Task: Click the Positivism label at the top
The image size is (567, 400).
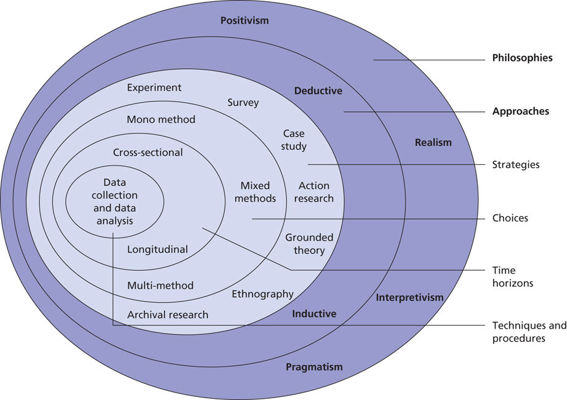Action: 244,21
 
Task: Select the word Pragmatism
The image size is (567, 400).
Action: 314,367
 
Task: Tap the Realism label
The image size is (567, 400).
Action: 433,143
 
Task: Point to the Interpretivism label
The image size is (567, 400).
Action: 409,298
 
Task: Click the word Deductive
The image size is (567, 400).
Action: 318,91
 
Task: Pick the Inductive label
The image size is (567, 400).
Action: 314,314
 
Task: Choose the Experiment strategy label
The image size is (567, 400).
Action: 154,87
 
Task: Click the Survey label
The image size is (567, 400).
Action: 243,102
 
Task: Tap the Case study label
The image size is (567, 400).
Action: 294,140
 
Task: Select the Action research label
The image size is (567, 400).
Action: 314,192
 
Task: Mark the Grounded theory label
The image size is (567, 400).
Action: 309,244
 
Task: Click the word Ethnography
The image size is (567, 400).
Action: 262,294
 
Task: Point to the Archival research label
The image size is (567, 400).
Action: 167,314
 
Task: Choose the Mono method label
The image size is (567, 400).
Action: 161,119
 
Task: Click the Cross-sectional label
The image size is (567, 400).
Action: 148,152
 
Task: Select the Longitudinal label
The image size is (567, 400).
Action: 157,249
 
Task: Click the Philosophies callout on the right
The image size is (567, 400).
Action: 522,58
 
